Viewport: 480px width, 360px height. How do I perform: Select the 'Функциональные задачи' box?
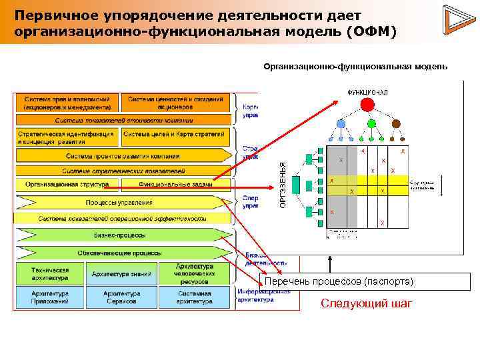175,185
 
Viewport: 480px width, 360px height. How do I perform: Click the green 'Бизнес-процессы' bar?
120,235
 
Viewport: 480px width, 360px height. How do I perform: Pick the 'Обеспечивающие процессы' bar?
120,253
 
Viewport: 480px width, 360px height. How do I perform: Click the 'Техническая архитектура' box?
50,273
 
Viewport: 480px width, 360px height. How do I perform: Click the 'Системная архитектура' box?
194,297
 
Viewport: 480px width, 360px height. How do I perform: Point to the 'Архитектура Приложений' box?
50,297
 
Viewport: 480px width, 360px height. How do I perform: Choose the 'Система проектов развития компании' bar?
123,155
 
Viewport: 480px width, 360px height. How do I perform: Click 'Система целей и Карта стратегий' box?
175,137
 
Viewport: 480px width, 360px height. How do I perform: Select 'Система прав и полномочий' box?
67,103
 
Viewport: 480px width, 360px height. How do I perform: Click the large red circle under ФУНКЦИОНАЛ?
366,104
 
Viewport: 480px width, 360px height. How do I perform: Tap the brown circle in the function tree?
395,123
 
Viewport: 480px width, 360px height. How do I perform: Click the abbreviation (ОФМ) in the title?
370,31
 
